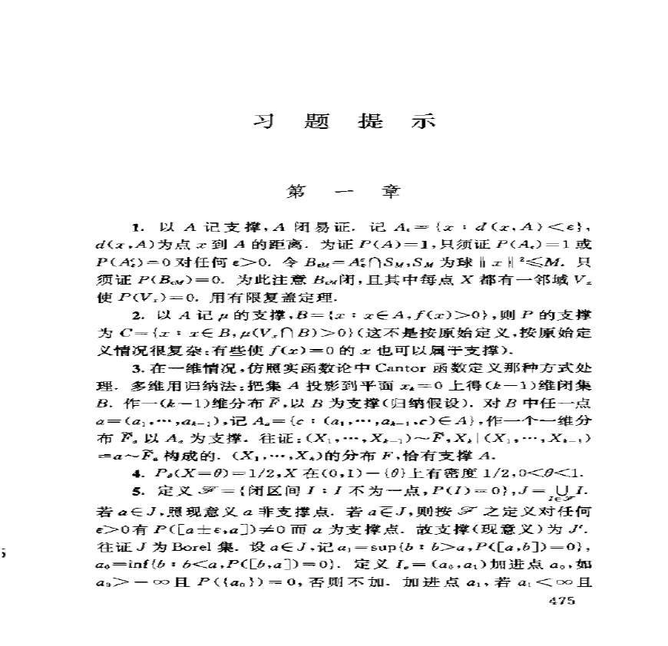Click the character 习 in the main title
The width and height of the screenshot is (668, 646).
[x=263, y=122]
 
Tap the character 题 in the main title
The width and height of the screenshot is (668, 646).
[x=316, y=122]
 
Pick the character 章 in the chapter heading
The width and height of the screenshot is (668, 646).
[x=392, y=190]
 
